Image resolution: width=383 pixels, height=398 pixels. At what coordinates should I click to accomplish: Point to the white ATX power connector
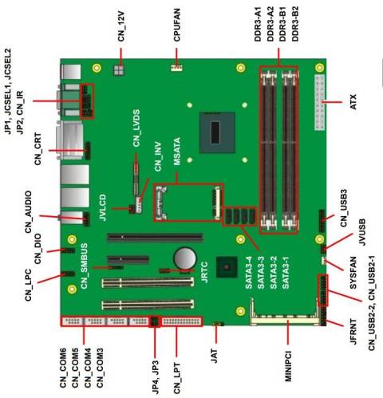pos(321,104)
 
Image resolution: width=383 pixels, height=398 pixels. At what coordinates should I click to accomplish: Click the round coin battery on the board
pos(186,257)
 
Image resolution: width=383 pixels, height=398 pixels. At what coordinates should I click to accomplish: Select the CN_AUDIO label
pos(29,212)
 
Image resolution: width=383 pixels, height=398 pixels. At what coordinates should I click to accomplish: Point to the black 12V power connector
pos(120,70)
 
